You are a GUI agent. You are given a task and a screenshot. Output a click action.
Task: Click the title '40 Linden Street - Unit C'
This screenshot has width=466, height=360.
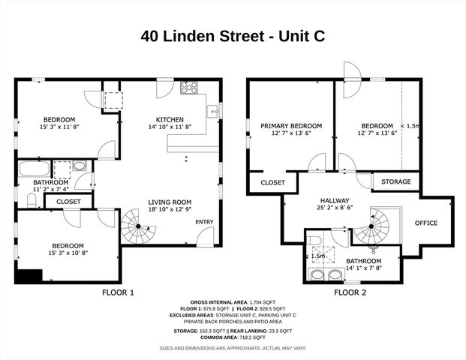point(233,36)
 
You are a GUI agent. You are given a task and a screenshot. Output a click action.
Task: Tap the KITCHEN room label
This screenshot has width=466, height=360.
point(169,120)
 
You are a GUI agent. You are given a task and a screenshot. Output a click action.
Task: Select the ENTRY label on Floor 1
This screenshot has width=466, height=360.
point(203,222)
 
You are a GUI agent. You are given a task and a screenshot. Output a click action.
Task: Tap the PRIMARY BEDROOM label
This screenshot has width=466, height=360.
point(291,126)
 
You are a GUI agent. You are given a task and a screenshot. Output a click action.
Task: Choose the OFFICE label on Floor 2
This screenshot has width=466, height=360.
point(426,223)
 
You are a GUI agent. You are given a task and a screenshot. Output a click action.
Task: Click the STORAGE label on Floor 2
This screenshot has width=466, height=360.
point(395,181)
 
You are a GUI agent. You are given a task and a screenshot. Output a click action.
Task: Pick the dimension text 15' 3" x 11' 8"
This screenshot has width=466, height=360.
point(58,127)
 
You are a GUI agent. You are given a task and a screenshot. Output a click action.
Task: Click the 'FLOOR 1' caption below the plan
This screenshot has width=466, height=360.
point(118,292)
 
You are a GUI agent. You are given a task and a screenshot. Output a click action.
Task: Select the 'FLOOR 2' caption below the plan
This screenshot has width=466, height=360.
point(350,292)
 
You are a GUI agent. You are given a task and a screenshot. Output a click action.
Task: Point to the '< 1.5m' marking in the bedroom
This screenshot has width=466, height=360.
point(411,126)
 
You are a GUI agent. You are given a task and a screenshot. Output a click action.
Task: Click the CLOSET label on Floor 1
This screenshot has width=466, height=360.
point(68,201)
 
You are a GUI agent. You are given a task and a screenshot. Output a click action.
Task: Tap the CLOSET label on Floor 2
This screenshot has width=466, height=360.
point(272,182)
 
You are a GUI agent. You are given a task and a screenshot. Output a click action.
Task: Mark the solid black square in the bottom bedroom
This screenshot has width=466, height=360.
point(29,276)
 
